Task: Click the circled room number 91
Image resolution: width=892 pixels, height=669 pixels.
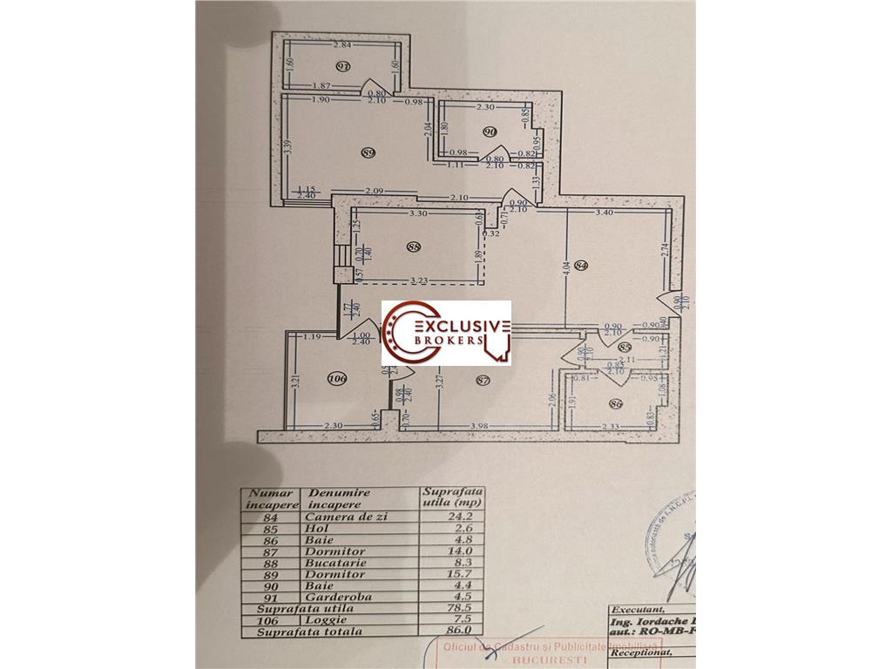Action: pos(342,66)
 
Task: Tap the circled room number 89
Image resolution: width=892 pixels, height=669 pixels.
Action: pos(368,152)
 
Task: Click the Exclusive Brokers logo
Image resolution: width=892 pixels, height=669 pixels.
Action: pos(446,335)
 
